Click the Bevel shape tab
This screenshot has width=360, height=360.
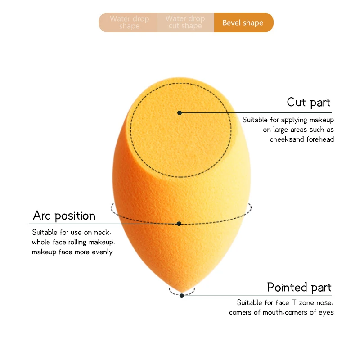coord(243,22)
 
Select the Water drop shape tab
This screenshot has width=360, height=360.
coord(129,22)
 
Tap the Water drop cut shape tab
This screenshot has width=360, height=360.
coord(185,22)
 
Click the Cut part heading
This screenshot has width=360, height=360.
coord(308,102)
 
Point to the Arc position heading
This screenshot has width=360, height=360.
coord(64,216)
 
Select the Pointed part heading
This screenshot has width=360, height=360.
coord(299,287)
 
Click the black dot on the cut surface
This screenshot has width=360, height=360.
coord(180,113)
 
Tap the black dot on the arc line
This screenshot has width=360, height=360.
coord(179,224)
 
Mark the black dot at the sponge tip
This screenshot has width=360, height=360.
coord(181,296)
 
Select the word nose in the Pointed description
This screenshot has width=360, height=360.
coord(325,303)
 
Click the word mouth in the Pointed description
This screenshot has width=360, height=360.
coord(272,312)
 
